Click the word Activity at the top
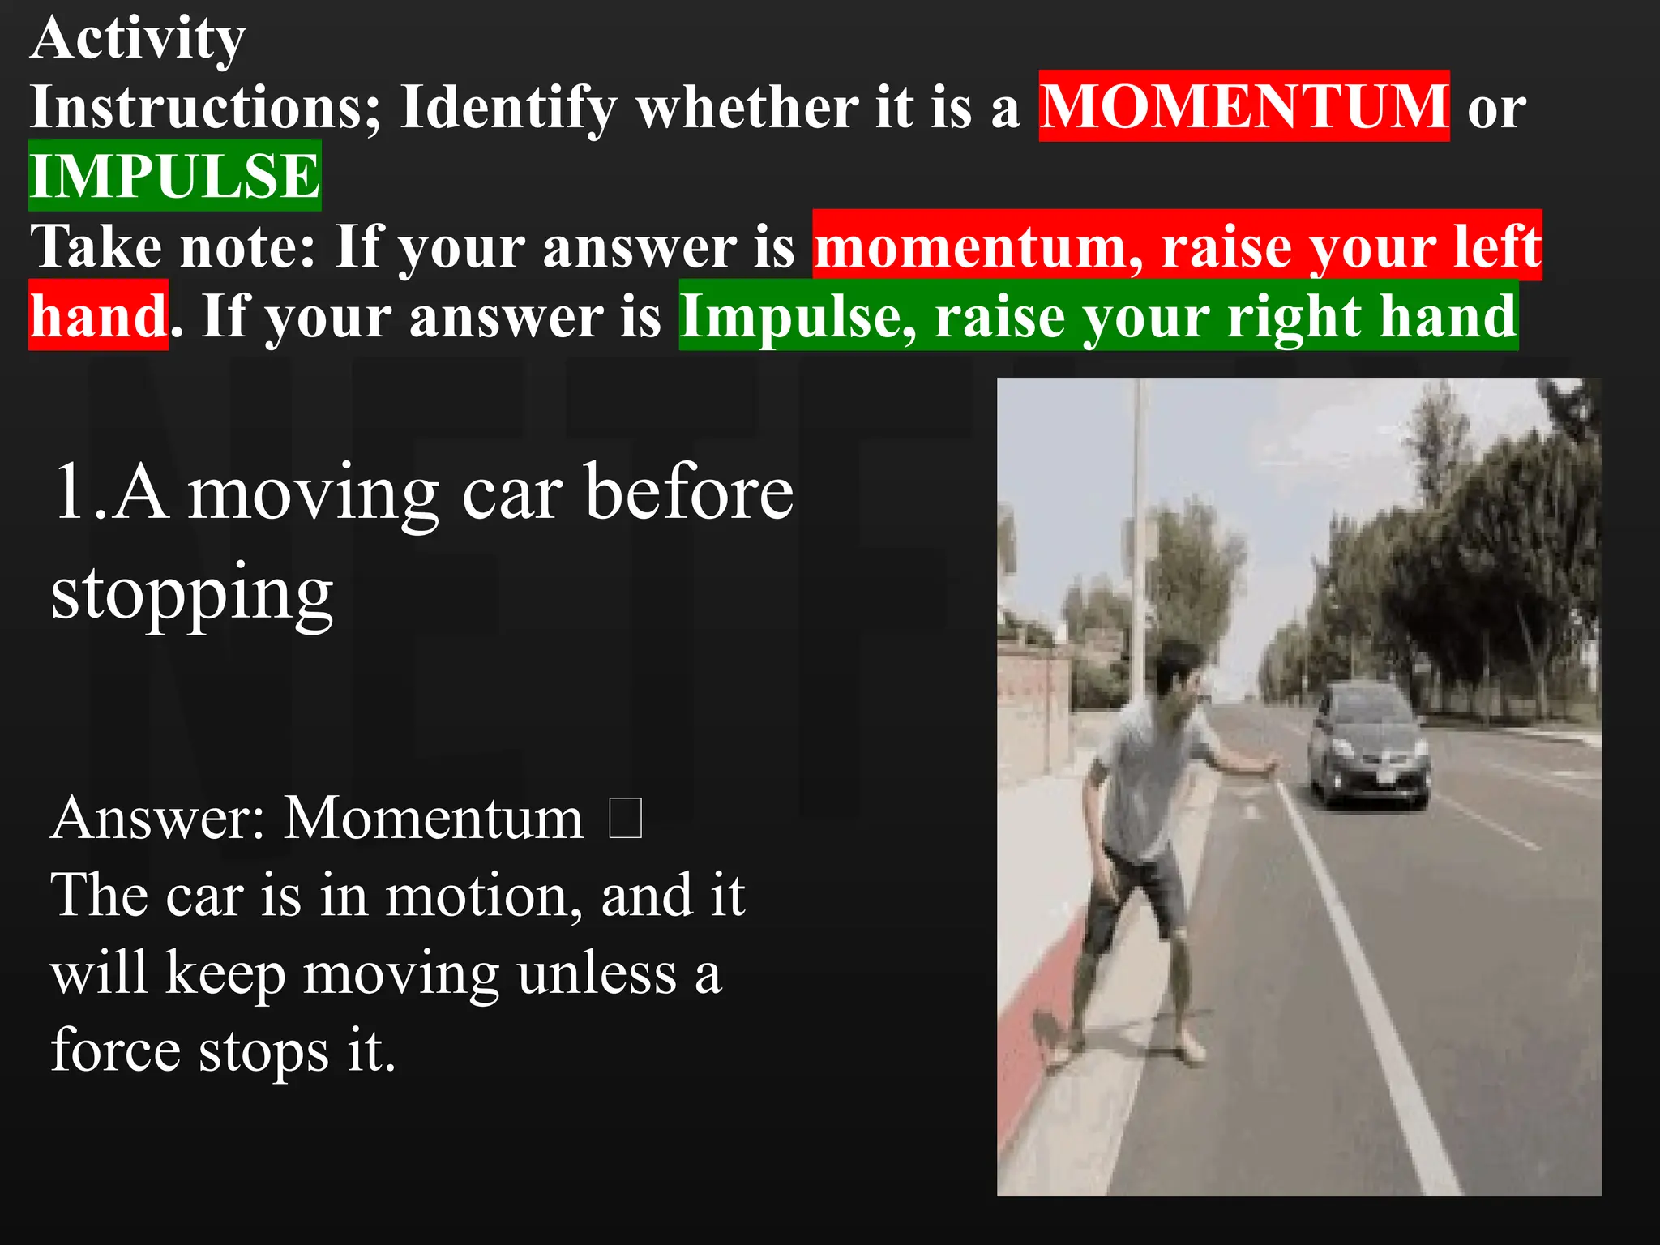click(138, 39)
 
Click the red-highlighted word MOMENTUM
click(1243, 106)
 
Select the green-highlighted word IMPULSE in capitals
click(175, 176)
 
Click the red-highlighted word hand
click(98, 315)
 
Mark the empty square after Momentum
click(625, 818)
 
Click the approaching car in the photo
click(1368, 746)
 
